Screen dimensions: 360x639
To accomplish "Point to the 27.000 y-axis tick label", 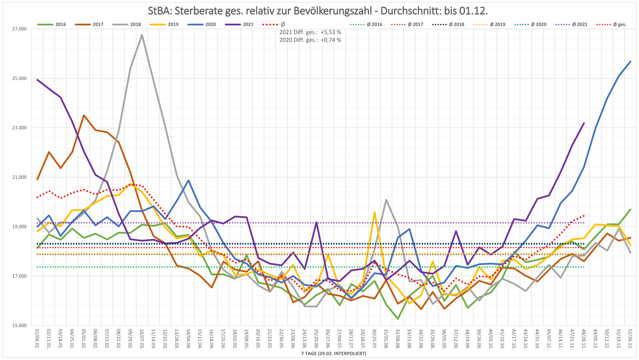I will click(19, 29).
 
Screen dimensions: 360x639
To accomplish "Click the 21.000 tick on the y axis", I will click(19, 178).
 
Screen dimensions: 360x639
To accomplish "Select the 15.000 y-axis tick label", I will click(19, 325).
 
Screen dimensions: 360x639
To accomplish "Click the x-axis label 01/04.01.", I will click(38, 338).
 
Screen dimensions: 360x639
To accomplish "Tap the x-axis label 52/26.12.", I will click(631, 338).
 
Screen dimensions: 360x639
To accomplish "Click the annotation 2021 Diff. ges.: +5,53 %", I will click(310, 32).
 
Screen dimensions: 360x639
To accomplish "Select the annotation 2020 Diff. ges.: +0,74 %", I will click(310, 40).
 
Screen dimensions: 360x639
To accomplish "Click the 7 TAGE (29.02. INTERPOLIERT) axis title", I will click(334, 354).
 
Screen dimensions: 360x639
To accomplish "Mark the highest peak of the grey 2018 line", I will click(142, 35).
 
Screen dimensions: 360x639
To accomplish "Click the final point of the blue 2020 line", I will click(631, 62).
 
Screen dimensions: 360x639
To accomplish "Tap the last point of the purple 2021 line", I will click(584, 123).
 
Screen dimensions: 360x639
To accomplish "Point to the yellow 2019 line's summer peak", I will click(375, 212).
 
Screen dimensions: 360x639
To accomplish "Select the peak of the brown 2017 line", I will click(84, 116).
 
